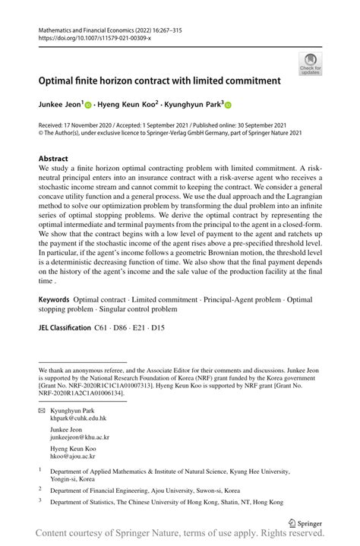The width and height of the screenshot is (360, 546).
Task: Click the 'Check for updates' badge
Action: pos(310,63)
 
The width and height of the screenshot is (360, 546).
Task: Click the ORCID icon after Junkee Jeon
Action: pos(87,106)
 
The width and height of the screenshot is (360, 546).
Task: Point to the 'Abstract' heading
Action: pos(53,159)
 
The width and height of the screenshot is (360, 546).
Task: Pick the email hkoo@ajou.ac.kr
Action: pos(73,457)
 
